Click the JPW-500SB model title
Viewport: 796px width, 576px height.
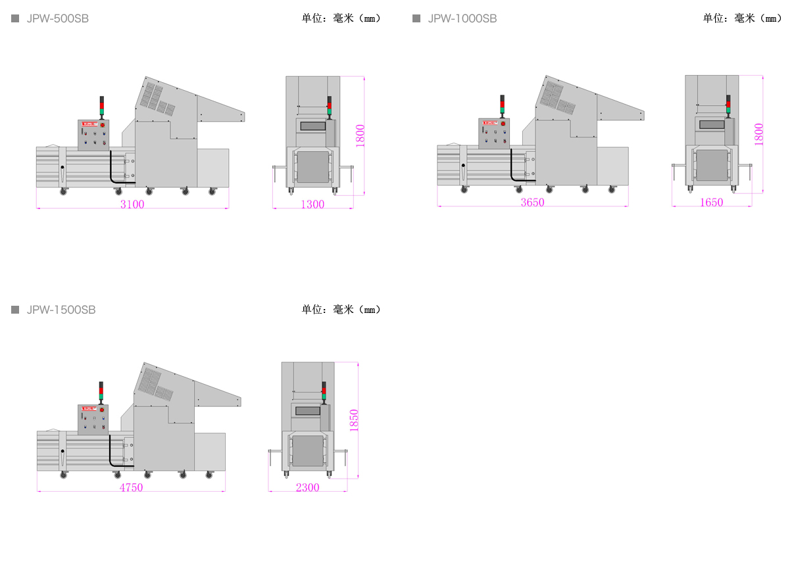[57, 18]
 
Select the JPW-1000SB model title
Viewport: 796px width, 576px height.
[462, 18]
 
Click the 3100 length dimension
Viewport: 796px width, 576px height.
[132, 204]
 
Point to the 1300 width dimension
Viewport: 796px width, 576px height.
[312, 204]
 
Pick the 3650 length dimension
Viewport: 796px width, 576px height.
[533, 202]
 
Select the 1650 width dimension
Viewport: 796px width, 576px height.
[711, 202]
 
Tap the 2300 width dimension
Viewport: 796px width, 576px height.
[307, 487]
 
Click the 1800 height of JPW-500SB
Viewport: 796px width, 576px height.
[360, 135]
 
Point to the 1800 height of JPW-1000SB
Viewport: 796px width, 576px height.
[759, 134]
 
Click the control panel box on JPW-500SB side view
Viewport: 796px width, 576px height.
[93, 135]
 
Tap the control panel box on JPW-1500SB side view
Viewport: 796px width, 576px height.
[93, 419]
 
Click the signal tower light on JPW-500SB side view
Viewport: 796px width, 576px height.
[102, 106]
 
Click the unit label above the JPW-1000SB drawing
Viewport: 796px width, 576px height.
[743, 18]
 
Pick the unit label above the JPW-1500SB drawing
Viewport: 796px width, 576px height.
[341, 310]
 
